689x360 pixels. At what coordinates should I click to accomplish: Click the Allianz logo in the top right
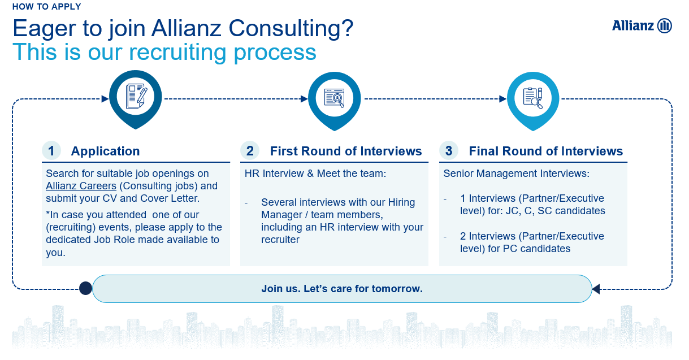[642, 25]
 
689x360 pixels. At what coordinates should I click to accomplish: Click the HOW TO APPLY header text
[46, 6]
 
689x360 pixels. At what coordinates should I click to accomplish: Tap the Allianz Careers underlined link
[81, 186]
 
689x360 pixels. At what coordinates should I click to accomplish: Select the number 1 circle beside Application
[51, 151]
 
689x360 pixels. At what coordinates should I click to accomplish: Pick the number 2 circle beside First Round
[250, 151]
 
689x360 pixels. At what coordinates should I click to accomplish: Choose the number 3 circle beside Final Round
[449, 151]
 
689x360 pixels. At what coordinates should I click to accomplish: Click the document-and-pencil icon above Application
[136, 97]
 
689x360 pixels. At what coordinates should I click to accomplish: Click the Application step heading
[105, 151]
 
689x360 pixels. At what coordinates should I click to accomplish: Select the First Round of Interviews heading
[346, 151]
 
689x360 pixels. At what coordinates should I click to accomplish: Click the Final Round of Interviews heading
[545, 151]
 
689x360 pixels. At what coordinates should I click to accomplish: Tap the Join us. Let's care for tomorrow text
[342, 289]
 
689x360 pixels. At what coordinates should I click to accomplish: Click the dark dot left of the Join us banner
[85, 288]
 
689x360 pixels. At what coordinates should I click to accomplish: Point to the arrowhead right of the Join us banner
[596, 289]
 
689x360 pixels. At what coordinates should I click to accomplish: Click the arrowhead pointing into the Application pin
[105, 99]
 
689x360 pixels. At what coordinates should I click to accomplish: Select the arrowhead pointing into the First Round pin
[304, 99]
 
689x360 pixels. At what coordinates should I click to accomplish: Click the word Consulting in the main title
[291, 29]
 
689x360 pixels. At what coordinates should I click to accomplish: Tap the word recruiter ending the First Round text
[280, 240]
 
